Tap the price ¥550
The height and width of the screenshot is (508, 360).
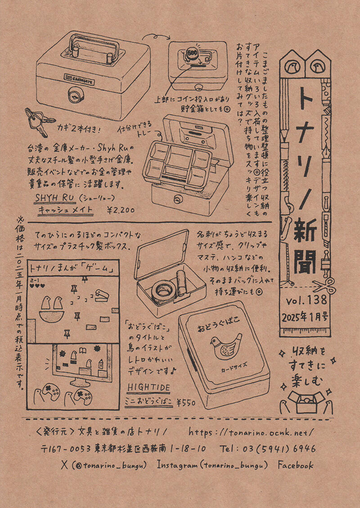tap(186, 402)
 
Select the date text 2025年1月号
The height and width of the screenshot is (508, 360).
tap(306, 316)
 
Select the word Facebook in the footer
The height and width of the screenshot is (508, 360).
tap(296, 465)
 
